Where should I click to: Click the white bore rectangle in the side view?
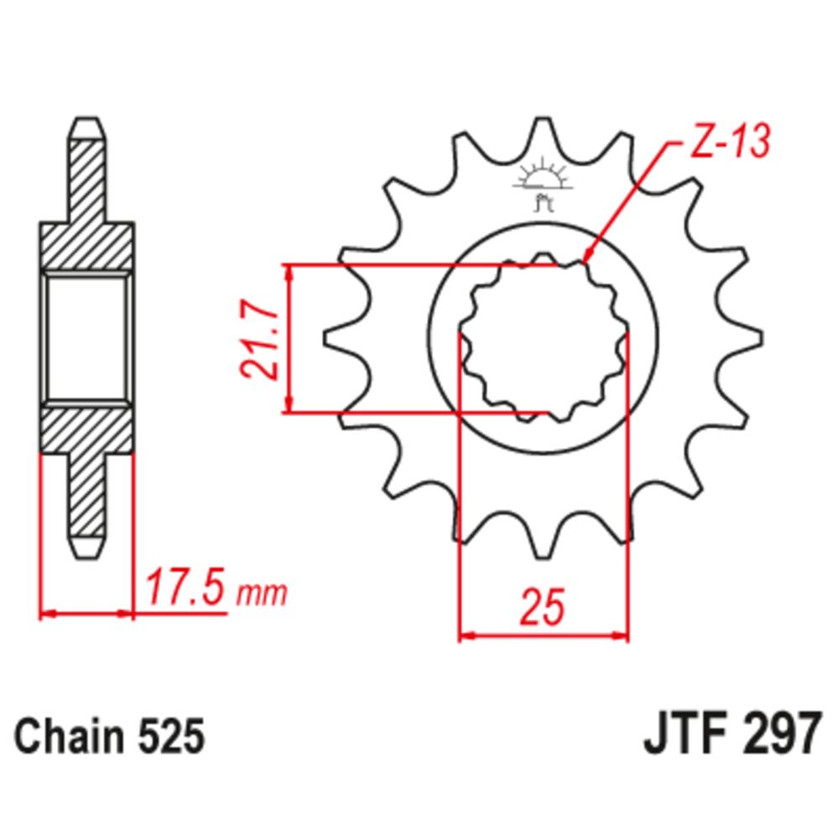point(87,339)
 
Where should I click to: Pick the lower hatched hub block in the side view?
point(87,430)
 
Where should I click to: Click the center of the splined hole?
point(543,340)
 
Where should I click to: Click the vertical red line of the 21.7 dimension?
point(289,339)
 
